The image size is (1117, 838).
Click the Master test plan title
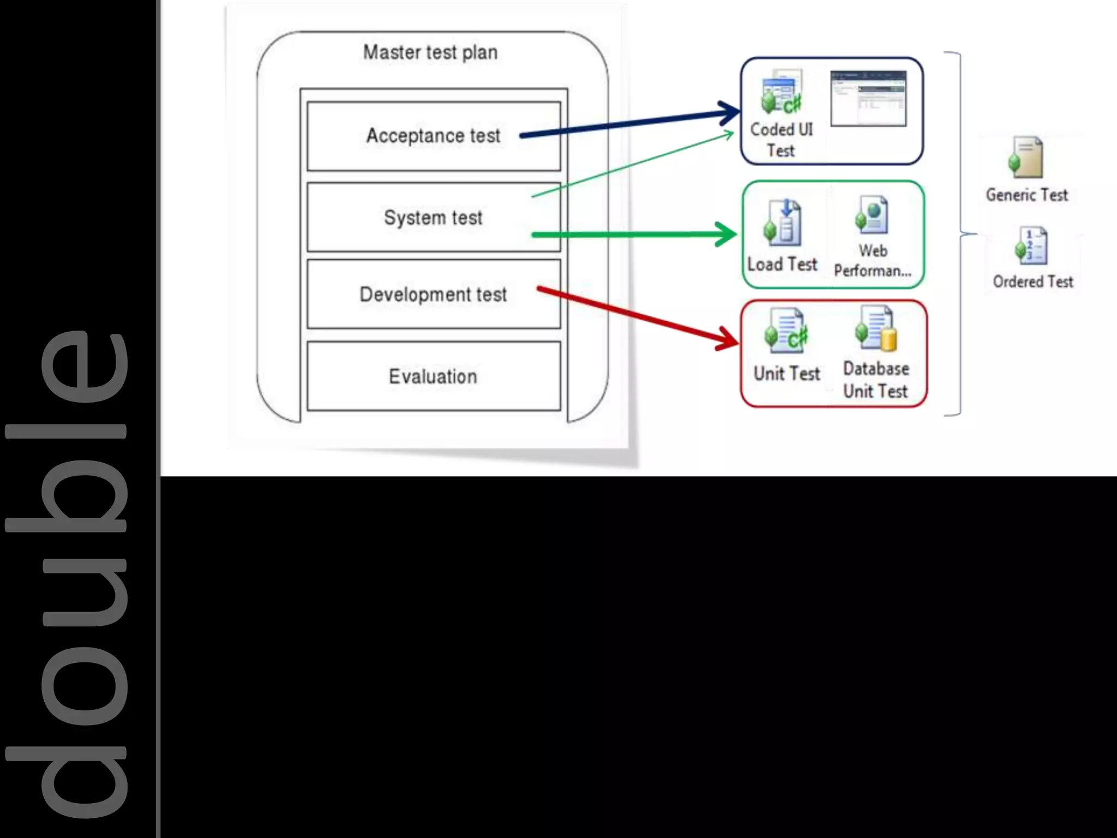coord(430,52)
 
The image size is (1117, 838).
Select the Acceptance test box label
coord(433,135)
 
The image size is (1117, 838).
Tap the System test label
coord(433,218)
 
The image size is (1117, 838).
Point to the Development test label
coord(433,295)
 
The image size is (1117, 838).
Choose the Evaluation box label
coord(433,376)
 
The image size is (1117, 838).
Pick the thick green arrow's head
coord(728,235)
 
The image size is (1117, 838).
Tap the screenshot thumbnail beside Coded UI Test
coord(868,98)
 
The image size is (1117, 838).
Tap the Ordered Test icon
coord(1031,246)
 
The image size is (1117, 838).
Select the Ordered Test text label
coord(1032,282)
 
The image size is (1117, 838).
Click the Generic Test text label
coord(1026,195)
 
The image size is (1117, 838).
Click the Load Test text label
coord(782,265)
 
